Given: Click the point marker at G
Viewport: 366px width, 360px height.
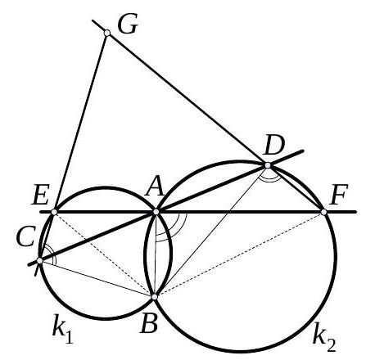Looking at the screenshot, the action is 107,33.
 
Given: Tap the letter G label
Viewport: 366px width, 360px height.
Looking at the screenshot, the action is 128,25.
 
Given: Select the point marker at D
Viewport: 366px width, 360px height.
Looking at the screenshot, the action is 268,165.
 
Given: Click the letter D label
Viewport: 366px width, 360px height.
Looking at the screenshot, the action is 274,146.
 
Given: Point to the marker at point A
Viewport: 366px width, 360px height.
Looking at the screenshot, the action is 156,212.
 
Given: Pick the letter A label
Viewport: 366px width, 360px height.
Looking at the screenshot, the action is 155,187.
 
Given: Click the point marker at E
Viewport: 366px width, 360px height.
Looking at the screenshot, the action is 54,212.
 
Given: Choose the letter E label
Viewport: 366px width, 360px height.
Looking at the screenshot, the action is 40,195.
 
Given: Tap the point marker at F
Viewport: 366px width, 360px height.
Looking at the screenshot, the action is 323,212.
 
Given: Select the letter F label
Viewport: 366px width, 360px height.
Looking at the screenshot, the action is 338,195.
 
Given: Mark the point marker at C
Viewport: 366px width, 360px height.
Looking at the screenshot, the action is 39,260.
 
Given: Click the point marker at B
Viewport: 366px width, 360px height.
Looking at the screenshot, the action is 155,297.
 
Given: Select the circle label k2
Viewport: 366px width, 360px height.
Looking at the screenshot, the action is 324,339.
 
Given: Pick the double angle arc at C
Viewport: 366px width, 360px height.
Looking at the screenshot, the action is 52,252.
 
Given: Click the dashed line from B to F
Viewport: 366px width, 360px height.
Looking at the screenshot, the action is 239,254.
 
